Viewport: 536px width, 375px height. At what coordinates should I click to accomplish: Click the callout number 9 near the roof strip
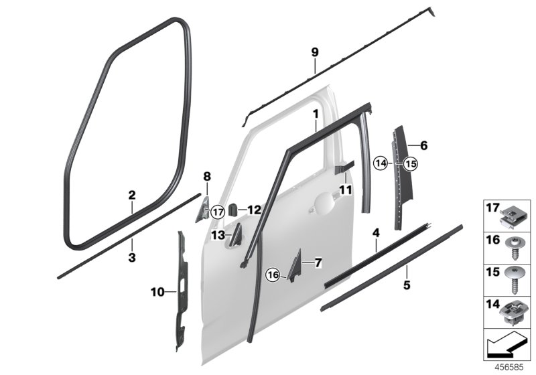(x=315, y=52)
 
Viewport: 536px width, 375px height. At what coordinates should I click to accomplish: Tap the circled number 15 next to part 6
(x=411, y=164)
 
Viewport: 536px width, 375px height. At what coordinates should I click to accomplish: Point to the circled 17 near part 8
(x=218, y=212)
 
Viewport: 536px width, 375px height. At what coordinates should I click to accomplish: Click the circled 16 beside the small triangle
(x=273, y=275)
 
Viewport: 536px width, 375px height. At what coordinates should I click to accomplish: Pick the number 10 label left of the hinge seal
(x=157, y=292)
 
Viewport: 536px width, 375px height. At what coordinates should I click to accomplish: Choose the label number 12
(x=255, y=210)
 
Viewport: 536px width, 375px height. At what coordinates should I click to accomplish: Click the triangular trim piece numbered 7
(x=295, y=266)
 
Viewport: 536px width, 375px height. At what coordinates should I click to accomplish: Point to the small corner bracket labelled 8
(x=203, y=210)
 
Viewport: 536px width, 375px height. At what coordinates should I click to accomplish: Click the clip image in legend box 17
(x=511, y=219)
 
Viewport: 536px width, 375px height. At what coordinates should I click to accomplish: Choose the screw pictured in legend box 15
(x=512, y=280)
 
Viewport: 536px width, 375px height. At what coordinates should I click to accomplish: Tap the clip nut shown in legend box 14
(x=511, y=313)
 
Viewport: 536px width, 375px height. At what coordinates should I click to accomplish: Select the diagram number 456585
(x=509, y=368)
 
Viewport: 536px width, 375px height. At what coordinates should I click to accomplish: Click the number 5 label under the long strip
(x=407, y=285)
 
